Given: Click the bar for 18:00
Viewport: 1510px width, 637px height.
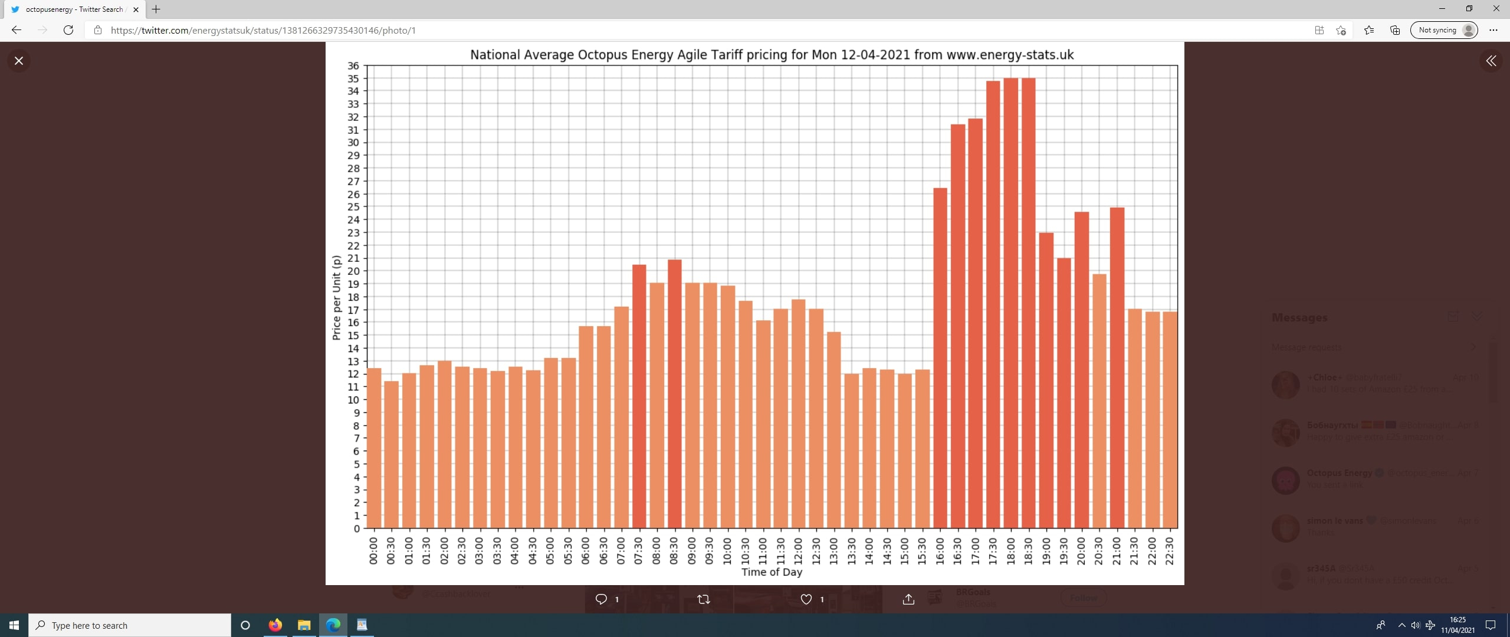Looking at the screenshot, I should (x=1010, y=303).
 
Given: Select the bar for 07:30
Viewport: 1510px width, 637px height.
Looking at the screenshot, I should (x=639, y=396).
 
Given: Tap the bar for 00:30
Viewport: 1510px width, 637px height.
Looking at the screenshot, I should (x=391, y=454).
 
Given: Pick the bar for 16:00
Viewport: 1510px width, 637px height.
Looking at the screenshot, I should (x=940, y=358).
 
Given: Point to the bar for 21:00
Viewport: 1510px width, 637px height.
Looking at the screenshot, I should (x=1117, y=367).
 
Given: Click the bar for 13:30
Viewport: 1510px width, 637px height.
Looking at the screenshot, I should (x=851, y=451).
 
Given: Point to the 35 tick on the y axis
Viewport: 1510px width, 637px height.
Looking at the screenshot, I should (x=353, y=78).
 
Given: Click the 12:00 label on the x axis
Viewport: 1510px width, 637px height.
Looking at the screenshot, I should (x=798, y=551).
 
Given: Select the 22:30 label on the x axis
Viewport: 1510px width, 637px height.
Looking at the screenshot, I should (x=1170, y=551).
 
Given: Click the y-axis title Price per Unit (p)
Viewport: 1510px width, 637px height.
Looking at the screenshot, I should (x=336, y=298).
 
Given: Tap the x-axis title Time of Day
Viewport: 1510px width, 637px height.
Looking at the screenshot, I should (x=772, y=572).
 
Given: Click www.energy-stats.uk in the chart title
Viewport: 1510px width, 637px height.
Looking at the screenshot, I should (x=1010, y=55).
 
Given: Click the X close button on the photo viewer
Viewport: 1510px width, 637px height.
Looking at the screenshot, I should (x=19, y=61).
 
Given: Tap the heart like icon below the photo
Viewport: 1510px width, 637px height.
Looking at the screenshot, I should (x=806, y=599).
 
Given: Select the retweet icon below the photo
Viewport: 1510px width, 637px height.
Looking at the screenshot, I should (x=703, y=599).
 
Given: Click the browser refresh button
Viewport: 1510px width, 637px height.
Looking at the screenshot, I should (x=68, y=30).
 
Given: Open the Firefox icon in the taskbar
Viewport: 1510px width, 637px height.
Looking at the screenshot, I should (x=275, y=625).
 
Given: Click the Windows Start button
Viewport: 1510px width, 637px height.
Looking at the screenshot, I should (x=14, y=625).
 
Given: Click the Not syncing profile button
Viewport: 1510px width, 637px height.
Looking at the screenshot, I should (x=1443, y=30).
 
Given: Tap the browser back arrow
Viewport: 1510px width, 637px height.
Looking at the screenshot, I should (x=17, y=30).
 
